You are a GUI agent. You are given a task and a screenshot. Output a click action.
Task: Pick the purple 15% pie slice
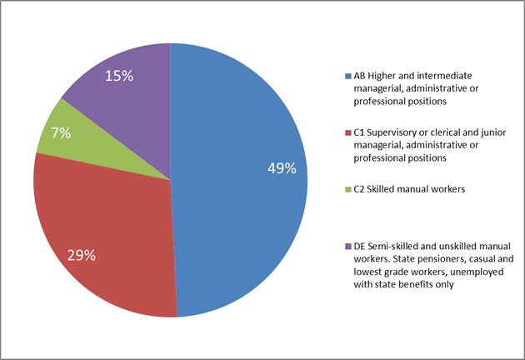[125, 83]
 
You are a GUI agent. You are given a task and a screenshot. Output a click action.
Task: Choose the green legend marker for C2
[347, 189]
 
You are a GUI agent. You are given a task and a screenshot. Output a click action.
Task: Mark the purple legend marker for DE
[347, 246]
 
